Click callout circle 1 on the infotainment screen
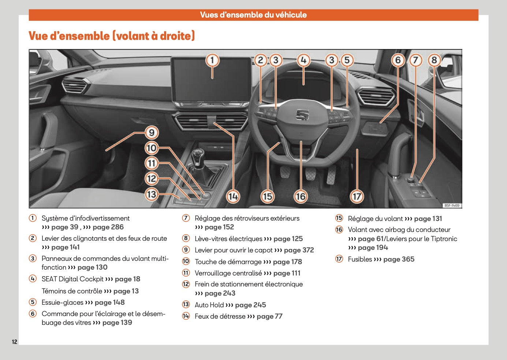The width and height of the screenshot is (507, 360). [212, 60]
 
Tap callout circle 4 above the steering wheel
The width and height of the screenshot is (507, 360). [303, 60]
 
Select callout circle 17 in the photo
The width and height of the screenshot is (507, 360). [357, 196]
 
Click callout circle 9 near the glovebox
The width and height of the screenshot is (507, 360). [152, 132]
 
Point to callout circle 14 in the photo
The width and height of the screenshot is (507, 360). [233, 196]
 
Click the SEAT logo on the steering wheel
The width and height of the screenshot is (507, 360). [302, 115]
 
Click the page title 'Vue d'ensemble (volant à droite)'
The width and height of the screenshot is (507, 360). [112, 36]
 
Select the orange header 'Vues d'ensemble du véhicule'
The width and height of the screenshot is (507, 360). [253, 15]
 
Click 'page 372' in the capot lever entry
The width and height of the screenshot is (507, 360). [299, 250]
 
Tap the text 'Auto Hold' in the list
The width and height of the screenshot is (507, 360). [209, 305]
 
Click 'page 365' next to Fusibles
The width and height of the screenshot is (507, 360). [399, 259]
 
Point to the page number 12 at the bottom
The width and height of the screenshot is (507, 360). [14, 342]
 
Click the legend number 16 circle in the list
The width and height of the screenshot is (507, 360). [339, 230]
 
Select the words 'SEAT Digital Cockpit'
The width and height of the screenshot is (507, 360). [72, 279]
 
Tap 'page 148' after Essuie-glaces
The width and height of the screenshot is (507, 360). [109, 303]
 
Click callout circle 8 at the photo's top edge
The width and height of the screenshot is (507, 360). [434, 60]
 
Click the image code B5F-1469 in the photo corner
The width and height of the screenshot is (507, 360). [452, 205]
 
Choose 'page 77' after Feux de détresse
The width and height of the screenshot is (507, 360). [269, 316]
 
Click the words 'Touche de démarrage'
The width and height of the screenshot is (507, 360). [228, 262]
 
